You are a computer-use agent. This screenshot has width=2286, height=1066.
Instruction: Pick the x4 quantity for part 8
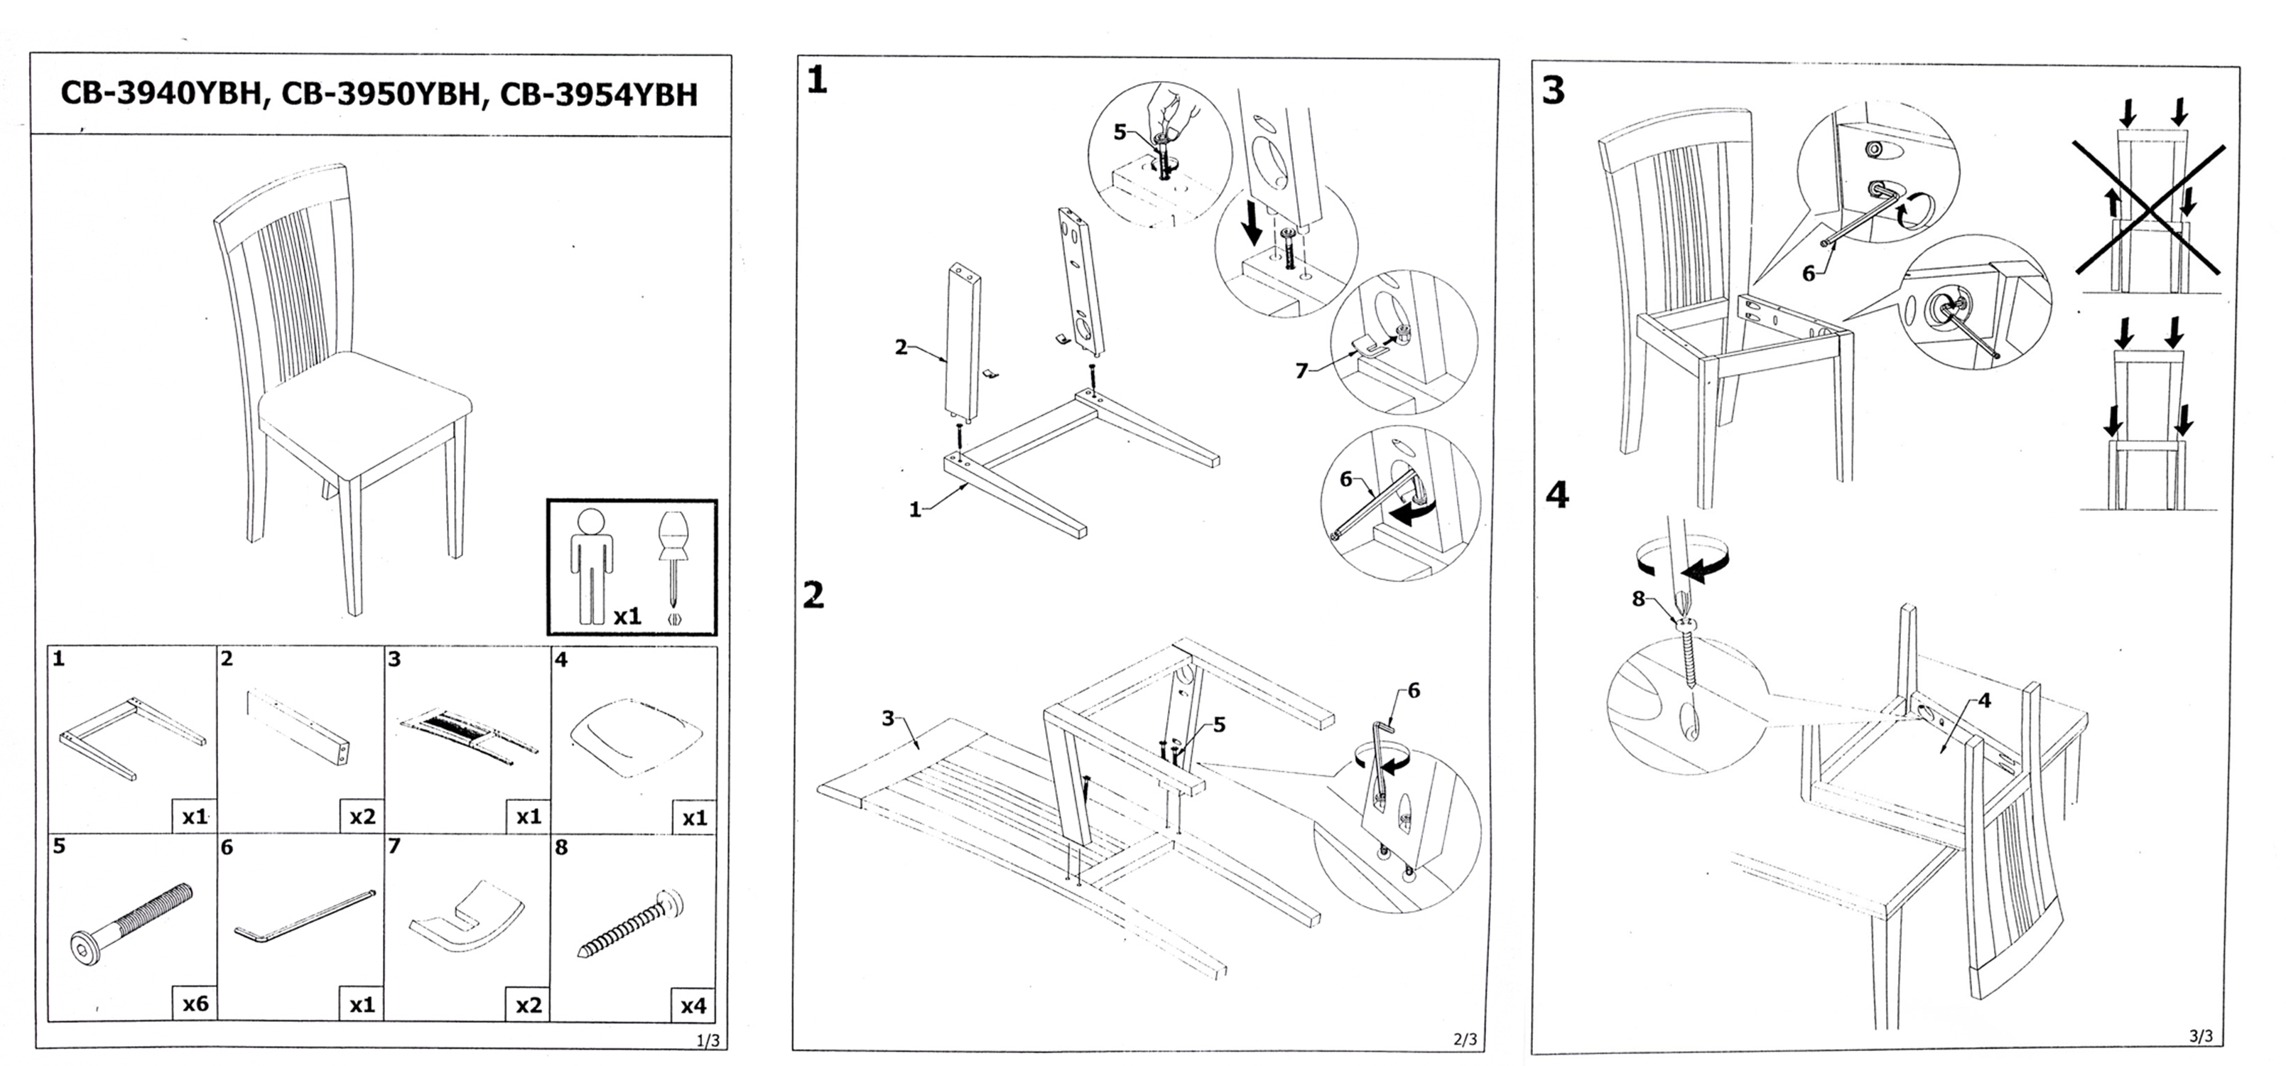pyautogui.click(x=693, y=1006)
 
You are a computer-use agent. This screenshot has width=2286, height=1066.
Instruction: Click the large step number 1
pyautogui.click(x=816, y=81)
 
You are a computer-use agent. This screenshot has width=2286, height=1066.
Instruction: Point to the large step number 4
pyautogui.click(x=1556, y=495)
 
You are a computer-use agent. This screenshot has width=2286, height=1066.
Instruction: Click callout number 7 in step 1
pyautogui.click(x=1301, y=371)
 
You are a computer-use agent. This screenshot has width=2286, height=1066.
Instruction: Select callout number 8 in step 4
pyautogui.click(x=1638, y=599)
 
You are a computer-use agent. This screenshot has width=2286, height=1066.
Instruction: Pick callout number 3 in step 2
pyautogui.click(x=887, y=718)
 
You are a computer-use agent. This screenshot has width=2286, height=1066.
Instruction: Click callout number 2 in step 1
pyautogui.click(x=901, y=347)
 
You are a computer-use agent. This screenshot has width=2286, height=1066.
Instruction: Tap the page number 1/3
pyautogui.click(x=708, y=1040)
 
